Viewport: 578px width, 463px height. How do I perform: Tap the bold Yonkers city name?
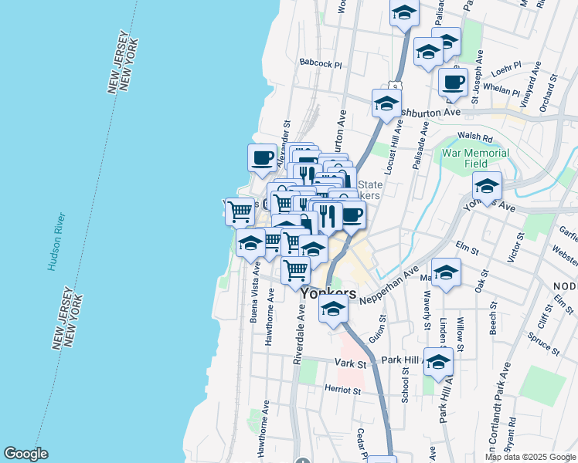click(328, 294)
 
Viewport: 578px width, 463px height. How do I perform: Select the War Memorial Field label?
click(475, 158)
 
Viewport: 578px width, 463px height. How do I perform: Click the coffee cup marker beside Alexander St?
click(263, 158)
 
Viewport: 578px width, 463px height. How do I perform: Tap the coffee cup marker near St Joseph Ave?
click(453, 81)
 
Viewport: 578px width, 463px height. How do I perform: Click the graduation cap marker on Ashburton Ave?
click(386, 103)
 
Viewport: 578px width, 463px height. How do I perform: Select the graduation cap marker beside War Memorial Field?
click(488, 185)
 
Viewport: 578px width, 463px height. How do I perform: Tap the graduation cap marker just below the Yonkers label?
click(333, 309)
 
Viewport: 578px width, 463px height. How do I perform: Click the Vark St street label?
click(348, 362)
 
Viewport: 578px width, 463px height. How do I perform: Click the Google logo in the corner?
click(25, 454)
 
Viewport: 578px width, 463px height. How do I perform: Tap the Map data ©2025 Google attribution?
click(530, 457)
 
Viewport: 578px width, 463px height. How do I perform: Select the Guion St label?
click(377, 325)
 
